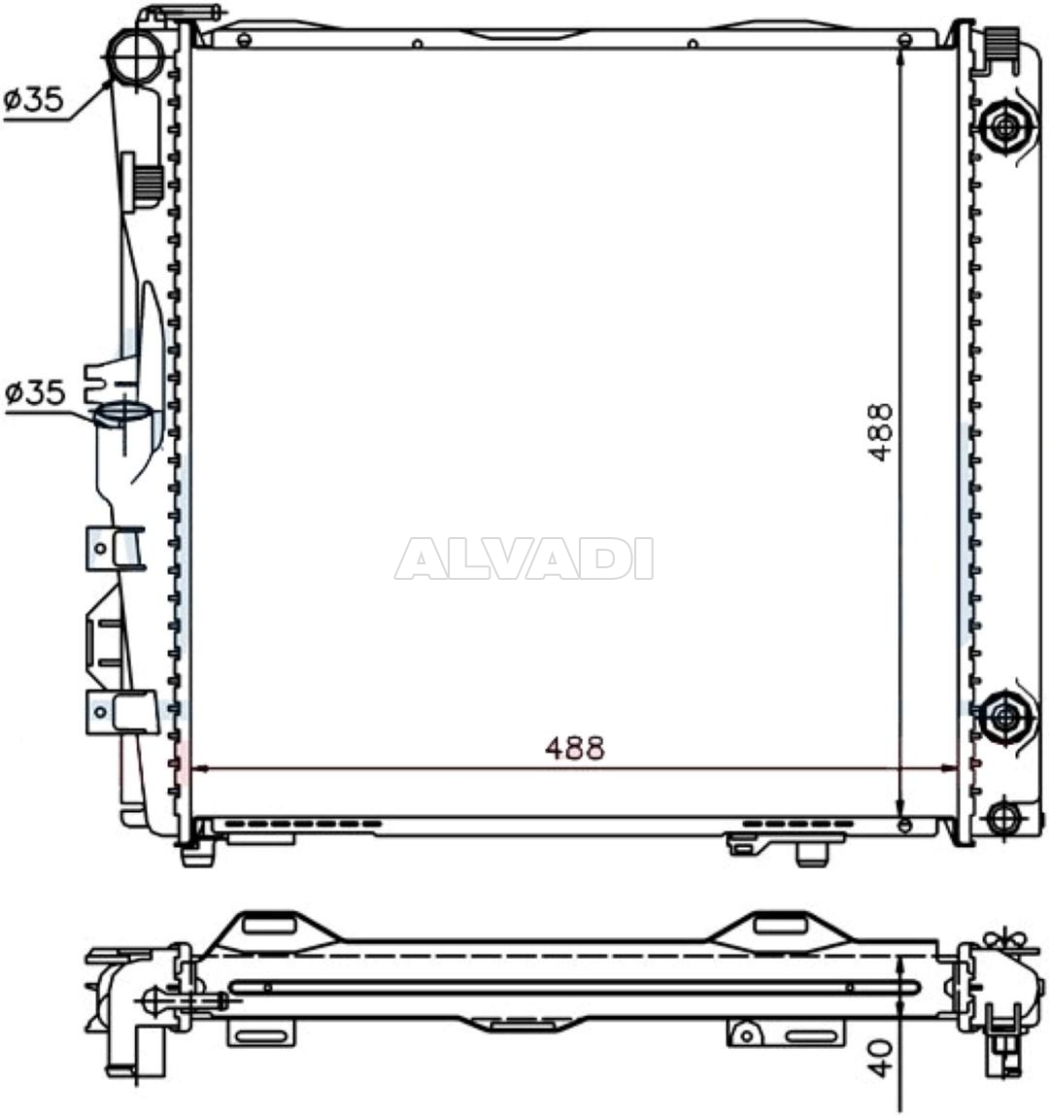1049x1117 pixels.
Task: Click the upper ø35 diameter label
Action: pos(35,99)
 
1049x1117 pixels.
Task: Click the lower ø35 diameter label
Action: pos(35,393)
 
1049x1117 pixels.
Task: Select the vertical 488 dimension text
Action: pos(880,431)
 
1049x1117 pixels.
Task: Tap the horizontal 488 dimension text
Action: pos(575,748)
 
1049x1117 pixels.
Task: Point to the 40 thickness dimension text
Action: pos(880,1058)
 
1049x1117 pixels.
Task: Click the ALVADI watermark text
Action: pos(524,559)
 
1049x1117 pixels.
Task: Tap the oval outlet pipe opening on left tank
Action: pos(122,415)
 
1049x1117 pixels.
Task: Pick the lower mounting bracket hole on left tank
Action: pos(100,711)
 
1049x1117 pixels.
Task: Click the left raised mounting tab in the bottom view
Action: pos(270,924)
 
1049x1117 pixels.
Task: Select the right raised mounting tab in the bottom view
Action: pos(780,924)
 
